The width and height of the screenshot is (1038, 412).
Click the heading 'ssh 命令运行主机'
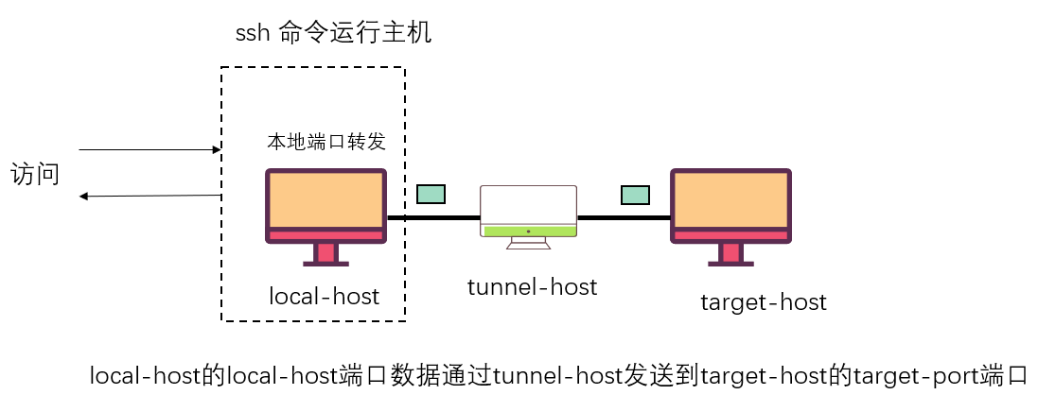point(333,33)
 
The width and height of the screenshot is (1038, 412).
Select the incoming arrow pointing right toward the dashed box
point(149,149)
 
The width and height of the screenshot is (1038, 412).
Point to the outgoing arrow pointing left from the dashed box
point(150,196)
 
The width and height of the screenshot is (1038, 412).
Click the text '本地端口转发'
point(325,142)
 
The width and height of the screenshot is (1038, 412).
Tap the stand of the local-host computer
point(325,253)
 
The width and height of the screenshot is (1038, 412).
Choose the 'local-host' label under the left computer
point(324,297)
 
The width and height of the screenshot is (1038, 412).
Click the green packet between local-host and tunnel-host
point(431,194)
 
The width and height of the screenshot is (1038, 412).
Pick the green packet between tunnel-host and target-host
point(635,195)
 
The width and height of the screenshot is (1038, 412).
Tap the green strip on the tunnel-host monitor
point(528,231)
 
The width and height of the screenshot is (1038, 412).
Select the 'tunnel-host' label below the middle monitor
point(532,286)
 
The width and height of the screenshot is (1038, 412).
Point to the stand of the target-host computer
point(730,253)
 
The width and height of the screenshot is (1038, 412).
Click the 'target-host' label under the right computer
point(763,302)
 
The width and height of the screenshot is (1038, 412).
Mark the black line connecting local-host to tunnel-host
point(433,217)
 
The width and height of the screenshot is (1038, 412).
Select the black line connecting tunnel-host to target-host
point(624,217)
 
